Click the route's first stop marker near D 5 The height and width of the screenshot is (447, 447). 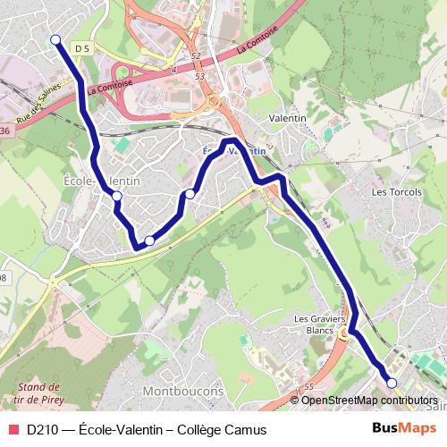[55, 39]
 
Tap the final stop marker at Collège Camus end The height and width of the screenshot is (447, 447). [392, 383]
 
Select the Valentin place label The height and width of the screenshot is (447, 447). [288, 118]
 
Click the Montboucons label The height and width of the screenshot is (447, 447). [184, 392]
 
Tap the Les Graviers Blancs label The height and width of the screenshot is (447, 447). [319, 324]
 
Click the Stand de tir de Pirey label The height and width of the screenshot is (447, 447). [39, 393]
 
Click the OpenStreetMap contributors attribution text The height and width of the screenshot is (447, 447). [369, 401]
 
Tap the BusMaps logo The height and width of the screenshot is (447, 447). [399, 428]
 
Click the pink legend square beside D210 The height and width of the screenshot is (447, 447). [13, 429]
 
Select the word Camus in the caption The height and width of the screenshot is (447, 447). [246, 429]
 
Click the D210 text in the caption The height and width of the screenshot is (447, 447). [42, 429]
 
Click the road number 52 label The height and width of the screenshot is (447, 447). [196, 55]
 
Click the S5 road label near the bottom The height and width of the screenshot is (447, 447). [308, 386]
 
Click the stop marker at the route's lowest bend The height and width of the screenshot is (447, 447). [149, 240]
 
